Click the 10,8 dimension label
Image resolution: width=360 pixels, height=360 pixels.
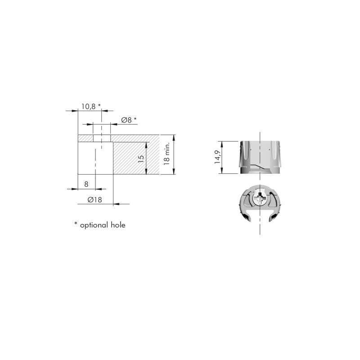click(88, 107)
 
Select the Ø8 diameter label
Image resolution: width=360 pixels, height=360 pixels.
click(126, 120)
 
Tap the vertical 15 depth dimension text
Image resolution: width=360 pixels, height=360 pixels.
click(141, 159)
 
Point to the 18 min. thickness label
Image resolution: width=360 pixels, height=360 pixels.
click(166, 153)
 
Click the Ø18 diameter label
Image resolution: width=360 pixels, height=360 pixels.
click(94, 200)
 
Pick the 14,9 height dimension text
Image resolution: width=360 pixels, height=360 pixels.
click(217, 157)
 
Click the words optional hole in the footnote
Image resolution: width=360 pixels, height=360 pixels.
click(103, 225)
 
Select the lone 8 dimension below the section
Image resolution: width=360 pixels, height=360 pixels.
click(86, 184)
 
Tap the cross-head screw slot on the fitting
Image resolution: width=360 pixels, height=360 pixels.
click(260, 198)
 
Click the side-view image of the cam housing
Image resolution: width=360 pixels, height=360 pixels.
click(260, 157)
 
